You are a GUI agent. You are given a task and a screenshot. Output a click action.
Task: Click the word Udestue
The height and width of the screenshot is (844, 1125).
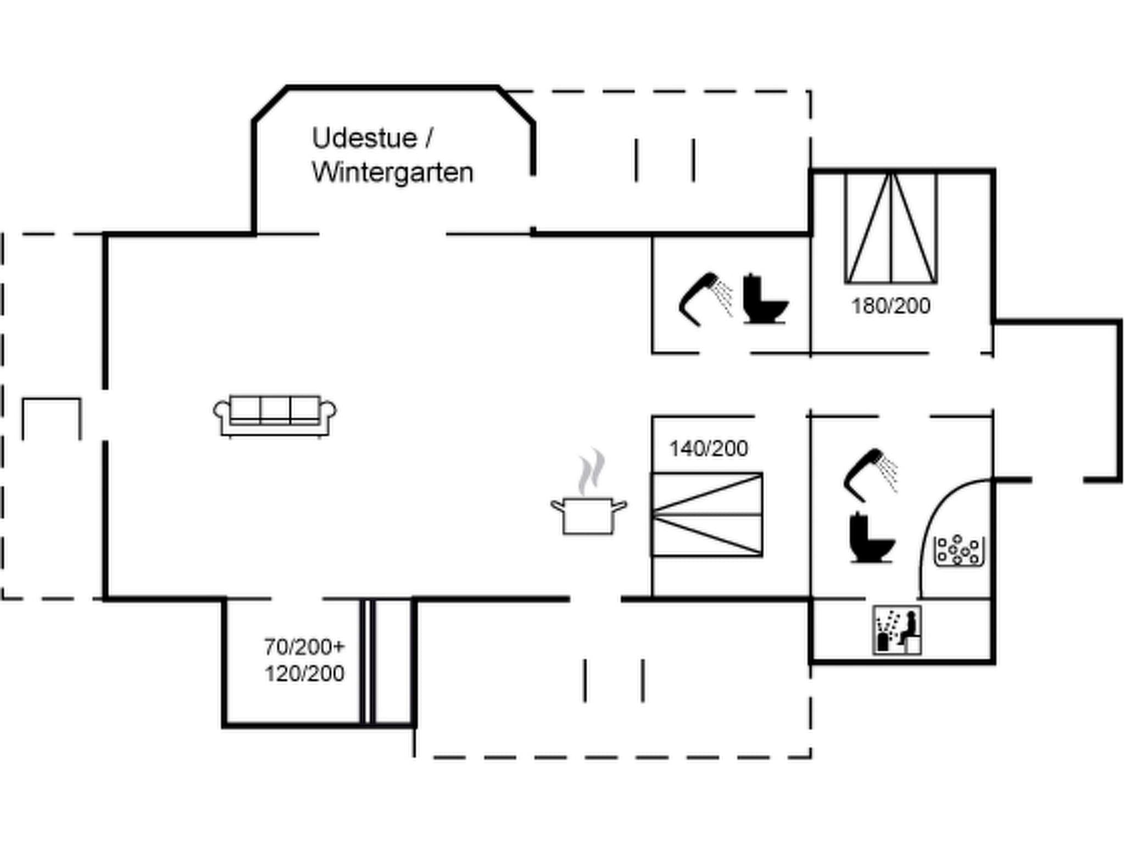pyautogui.click(x=364, y=138)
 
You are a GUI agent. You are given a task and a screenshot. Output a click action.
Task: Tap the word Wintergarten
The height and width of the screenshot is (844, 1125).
pyautogui.click(x=392, y=173)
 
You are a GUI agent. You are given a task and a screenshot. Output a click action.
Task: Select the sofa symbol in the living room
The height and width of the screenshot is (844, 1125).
pyautogui.click(x=275, y=415)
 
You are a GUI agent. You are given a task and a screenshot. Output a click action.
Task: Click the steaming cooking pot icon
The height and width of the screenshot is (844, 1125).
pyautogui.click(x=588, y=515)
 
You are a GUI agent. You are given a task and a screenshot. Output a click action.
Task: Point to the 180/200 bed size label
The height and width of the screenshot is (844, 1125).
pyautogui.click(x=890, y=306)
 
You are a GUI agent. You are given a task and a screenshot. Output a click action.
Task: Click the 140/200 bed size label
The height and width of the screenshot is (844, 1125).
pyautogui.click(x=708, y=449)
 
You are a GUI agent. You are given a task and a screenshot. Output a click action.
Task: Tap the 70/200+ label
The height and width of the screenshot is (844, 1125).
pyautogui.click(x=304, y=647)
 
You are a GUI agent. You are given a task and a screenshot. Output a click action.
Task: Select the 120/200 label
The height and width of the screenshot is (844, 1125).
pyautogui.click(x=304, y=673)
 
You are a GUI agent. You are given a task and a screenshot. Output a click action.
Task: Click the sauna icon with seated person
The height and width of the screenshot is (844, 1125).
pyautogui.click(x=897, y=630)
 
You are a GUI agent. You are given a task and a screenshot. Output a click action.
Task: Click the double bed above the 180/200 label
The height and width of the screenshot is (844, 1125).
pyautogui.click(x=890, y=228)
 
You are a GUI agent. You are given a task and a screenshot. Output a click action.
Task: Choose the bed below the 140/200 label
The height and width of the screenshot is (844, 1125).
pyautogui.click(x=706, y=515)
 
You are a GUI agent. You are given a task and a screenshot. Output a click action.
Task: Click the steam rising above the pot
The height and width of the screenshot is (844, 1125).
pyautogui.click(x=591, y=471)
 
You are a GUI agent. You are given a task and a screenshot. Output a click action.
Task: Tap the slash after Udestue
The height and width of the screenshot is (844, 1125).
pyautogui.click(x=428, y=138)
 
